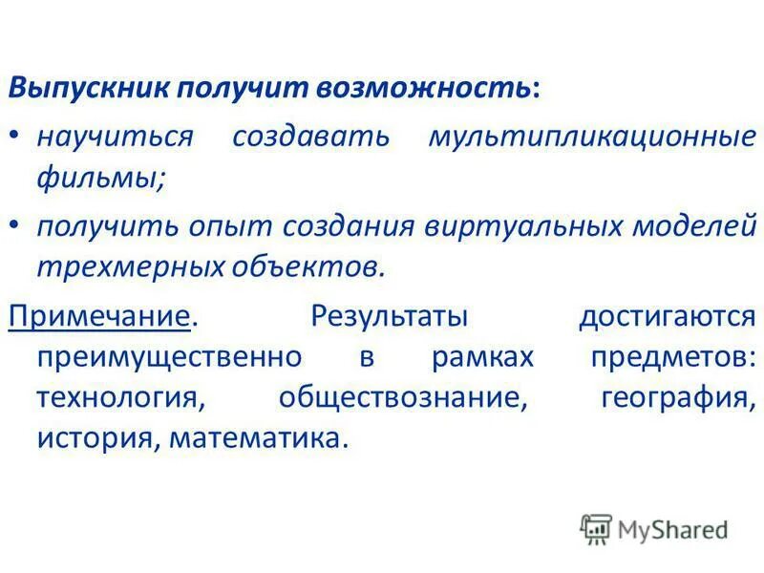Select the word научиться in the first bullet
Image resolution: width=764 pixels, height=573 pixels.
click(x=115, y=136)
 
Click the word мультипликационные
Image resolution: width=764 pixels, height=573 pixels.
click(x=592, y=136)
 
